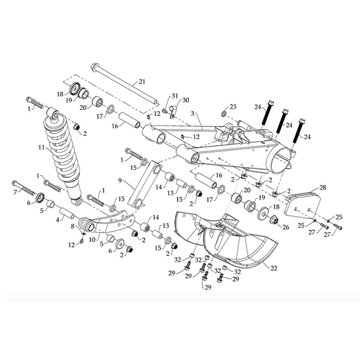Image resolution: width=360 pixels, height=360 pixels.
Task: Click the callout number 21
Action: coord(142,81)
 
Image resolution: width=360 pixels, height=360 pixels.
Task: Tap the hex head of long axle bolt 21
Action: coord(94,66)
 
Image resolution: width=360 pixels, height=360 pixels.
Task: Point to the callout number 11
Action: coord(41,147)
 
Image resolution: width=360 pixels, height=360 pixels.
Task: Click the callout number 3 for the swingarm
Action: coord(192,114)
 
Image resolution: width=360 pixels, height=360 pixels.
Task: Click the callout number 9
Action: coord(120,181)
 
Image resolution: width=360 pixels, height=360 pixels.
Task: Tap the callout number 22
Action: coord(274,268)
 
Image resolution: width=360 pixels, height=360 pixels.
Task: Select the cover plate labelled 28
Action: coord(303,205)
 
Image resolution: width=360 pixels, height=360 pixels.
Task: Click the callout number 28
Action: coord(323,187)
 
